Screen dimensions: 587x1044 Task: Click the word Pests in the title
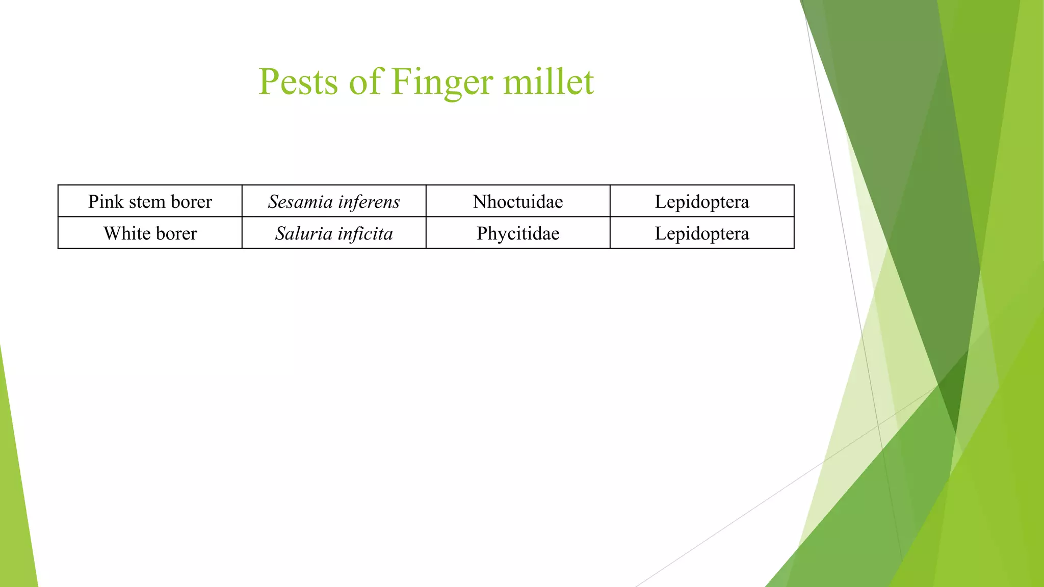pyautogui.click(x=298, y=82)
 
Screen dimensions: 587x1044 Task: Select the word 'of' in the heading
pyautogui.click(x=364, y=82)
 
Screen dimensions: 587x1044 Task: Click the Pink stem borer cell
pyautogui.click(x=150, y=202)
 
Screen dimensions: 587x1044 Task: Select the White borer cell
pyautogui.click(x=150, y=233)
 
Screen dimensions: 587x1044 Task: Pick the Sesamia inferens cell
pyautogui.click(x=334, y=202)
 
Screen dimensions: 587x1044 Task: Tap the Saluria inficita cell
pyautogui.click(x=334, y=233)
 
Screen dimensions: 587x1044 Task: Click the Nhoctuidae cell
pyautogui.click(x=518, y=202)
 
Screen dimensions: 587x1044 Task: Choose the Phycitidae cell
pyautogui.click(x=518, y=233)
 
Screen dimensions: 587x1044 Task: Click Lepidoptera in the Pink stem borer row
pyautogui.click(x=702, y=202)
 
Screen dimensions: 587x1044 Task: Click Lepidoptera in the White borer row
pyautogui.click(x=702, y=233)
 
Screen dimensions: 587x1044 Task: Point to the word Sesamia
pyautogui.click(x=300, y=202)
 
